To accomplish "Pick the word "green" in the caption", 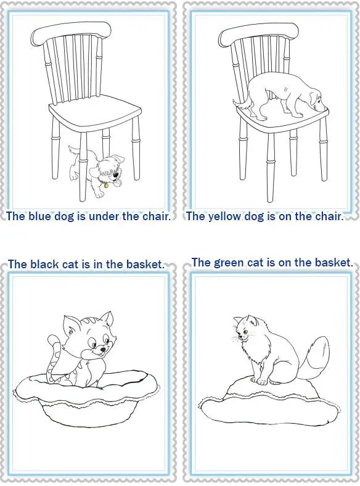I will point(229,263).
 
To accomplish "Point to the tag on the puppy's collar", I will point(105,184).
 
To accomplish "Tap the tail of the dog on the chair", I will point(240,102).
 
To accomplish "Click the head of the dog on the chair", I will point(314,102).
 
